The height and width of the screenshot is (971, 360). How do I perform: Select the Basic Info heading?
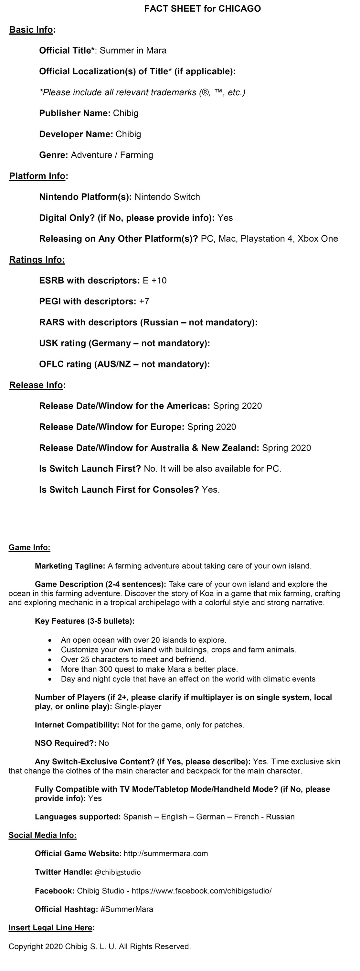pos(31,30)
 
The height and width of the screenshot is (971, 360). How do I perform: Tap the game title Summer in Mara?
pos(133,50)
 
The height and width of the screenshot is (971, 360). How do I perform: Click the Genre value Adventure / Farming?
pos(112,155)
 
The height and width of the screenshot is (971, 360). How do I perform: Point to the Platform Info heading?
pos(37,176)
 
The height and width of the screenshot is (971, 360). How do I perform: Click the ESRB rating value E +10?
pos(154,280)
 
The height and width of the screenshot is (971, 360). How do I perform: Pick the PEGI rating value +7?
pos(144,301)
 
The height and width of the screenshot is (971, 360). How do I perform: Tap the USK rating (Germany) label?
pos(124,343)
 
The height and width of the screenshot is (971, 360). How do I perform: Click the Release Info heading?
pos(36,385)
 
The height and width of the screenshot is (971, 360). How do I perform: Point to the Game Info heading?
pos(29,547)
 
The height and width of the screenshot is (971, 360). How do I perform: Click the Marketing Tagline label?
pos(70,566)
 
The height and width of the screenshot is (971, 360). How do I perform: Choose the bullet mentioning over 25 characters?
pos(133,659)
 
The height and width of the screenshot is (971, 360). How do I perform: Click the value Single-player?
pos(138,706)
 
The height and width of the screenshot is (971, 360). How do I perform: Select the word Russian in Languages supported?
pos(280,817)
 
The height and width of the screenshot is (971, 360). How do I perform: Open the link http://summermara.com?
pos(165,853)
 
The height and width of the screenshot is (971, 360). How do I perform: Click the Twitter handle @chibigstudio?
pos(118,872)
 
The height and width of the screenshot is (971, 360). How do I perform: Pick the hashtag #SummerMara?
pos(127,909)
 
